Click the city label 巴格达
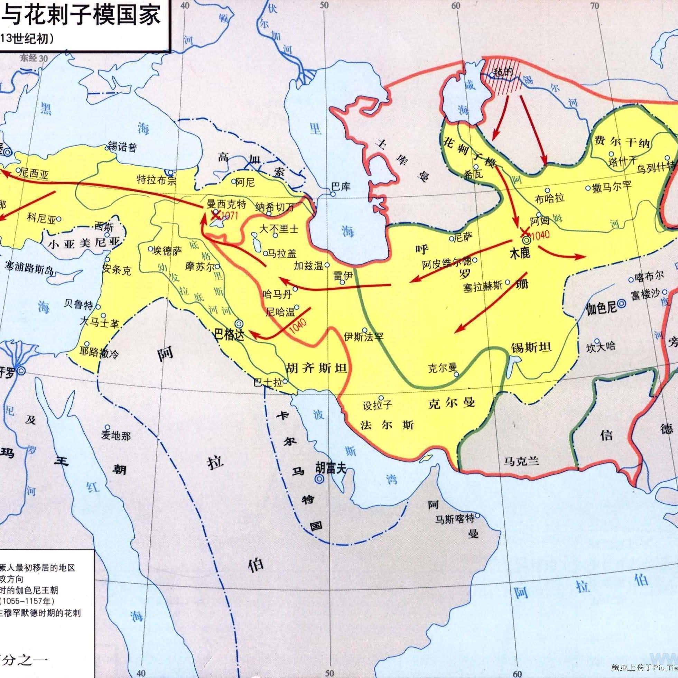click(x=229, y=335)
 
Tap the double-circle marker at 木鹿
click(x=526, y=240)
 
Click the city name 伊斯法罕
click(x=364, y=337)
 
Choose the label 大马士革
click(x=99, y=324)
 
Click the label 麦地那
click(x=116, y=436)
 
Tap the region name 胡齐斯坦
click(x=317, y=368)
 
